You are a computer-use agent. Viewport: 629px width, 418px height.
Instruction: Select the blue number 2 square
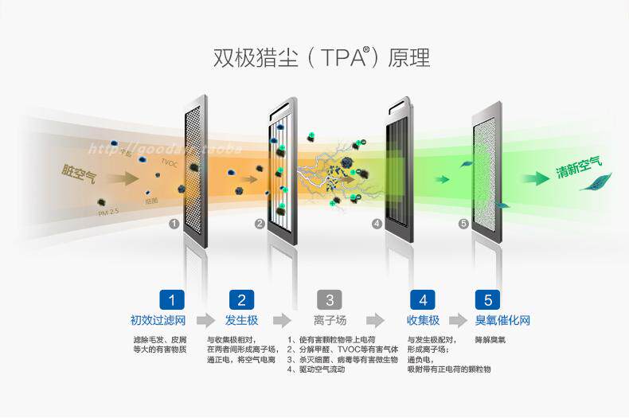(241, 300)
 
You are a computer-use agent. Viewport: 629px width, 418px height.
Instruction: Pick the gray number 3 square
(330, 300)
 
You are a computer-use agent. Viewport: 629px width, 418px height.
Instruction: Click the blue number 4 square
(423, 300)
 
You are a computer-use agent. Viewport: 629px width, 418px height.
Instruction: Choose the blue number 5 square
(487, 300)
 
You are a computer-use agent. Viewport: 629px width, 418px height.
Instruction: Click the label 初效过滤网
(158, 321)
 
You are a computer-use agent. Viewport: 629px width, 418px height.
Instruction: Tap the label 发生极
(241, 321)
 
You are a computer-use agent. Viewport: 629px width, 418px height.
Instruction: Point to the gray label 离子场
(330, 321)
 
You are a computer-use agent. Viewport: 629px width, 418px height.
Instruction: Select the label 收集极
(423, 321)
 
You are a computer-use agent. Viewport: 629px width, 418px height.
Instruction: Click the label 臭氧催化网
(502, 321)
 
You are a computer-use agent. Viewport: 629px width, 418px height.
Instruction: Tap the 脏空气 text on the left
(78, 171)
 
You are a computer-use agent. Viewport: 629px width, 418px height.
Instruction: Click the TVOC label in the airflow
(169, 162)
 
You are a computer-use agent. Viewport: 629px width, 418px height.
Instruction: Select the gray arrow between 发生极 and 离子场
(282, 321)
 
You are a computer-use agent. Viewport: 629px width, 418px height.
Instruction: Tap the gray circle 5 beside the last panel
(463, 224)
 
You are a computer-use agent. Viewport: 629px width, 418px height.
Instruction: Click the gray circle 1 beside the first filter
(174, 224)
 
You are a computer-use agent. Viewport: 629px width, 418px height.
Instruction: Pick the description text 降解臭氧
(490, 340)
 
